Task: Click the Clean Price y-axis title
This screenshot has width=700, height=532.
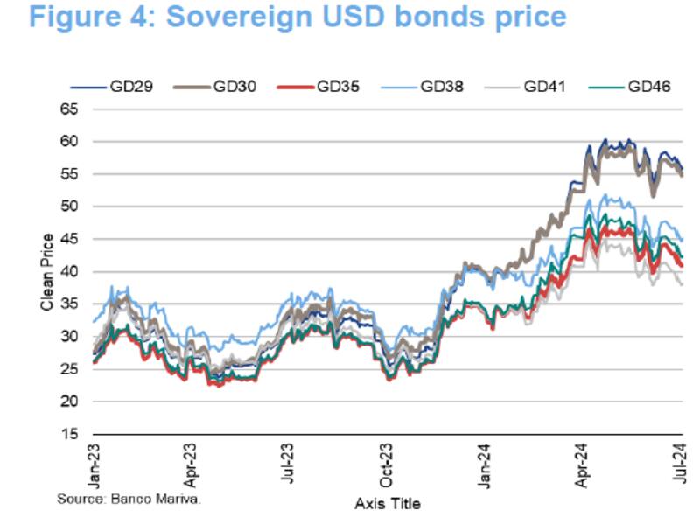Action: pyautogui.click(x=47, y=271)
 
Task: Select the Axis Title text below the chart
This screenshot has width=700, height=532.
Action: pyautogui.click(x=388, y=504)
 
